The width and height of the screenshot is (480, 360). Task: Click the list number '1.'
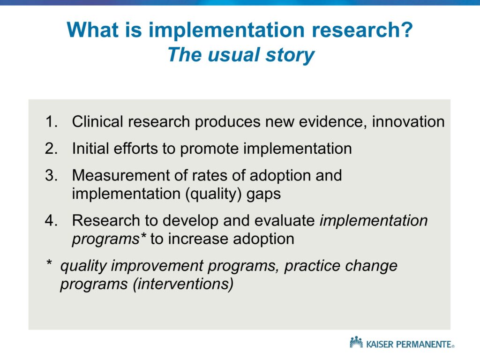(52, 121)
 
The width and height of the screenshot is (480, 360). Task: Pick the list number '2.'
(52, 149)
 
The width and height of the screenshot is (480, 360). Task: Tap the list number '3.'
(52, 175)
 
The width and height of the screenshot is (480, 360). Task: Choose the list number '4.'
(52, 220)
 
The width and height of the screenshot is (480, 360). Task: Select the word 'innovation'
(408, 121)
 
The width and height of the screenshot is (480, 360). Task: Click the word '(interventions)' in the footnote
(183, 284)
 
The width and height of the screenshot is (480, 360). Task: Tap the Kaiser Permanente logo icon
(356, 343)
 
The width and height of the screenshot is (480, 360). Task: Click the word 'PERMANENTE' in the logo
(424, 345)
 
